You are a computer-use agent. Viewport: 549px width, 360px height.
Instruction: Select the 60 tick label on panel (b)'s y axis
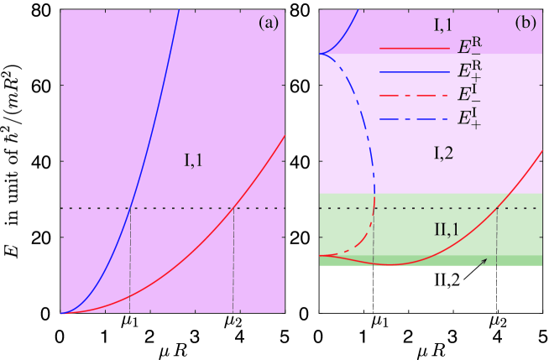click(x=300, y=86)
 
